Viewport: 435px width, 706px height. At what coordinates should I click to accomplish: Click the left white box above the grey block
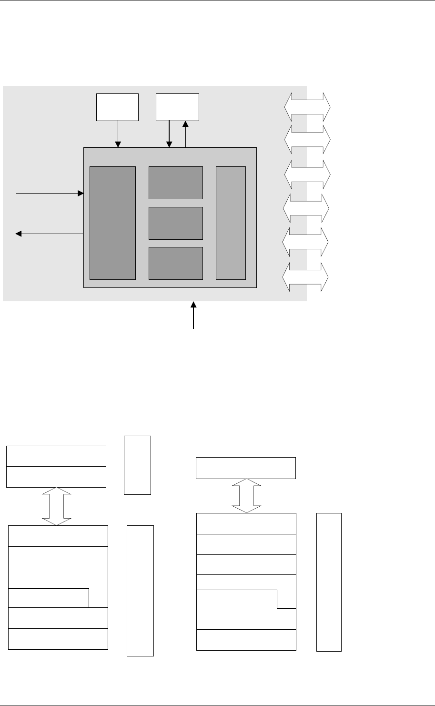pyautogui.click(x=117, y=107)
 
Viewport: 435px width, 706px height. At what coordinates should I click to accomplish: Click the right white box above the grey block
pyautogui.click(x=178, y=107)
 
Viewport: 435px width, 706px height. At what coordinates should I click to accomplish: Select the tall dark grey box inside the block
pyautogui.click(x=112, y=223)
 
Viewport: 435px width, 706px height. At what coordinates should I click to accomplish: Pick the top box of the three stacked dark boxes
pyautogui.click(x=176, y=183)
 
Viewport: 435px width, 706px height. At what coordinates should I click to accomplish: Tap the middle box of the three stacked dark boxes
pyautogui.click(x=176, y=223)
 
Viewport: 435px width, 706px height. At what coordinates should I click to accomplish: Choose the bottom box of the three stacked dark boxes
pyautogui.click(x=176, y=263)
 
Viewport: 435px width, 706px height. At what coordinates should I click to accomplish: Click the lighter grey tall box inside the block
pyautogui.click(x=231, y=223)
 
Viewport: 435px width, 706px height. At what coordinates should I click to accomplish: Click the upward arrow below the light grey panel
pyautogui.click(x=193, y=315)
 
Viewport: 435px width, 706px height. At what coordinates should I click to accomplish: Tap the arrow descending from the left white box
pyautogui.click(x=119, y=134)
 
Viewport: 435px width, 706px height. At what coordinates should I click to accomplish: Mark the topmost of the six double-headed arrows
pyautogui.click(x=307, y=107)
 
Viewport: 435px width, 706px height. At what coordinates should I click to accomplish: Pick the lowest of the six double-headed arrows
pyautogui.click(x=305, y=277)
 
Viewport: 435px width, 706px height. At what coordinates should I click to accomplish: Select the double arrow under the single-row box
pyautogui.click(x=247, y=496)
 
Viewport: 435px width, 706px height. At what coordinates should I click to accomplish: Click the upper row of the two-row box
pyautogui.click(x=56, y=456)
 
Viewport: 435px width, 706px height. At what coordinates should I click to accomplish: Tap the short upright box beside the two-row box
pyautogui.click(x=137, y=465)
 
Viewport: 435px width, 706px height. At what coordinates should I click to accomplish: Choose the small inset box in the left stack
pyautogui.click(x=49, y=598)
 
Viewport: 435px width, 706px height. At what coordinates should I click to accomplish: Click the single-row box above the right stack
pyautogui.click(x=246, y=468)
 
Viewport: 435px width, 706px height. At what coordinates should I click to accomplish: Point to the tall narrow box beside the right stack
pyautogui.click(x=329, y=582)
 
